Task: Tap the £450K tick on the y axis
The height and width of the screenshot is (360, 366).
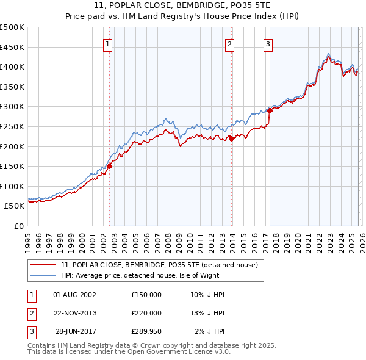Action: pyautogui.click(x=12, y=47)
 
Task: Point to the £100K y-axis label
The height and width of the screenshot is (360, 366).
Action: pyautogui.click(x=12, y=186)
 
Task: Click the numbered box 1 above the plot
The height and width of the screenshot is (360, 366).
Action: pyautogui.click(x=107, y=43)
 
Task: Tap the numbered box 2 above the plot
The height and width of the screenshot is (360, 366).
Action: pyautogui.click(x=230, y=43)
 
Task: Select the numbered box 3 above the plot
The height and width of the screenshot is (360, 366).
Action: pyautogui.click(x=268, y=43)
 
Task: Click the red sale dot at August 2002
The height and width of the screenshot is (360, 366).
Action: pyautogui.click(x=110, y=166)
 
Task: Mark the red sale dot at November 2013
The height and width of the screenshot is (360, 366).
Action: pyautogui.click(x=232, y=139)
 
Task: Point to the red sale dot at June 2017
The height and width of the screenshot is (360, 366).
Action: pyautogui.click(x=270, y=110)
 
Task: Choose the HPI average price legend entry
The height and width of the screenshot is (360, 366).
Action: pyautogui.click(x=152, y=275)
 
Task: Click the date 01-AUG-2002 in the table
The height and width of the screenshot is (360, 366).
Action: pyautogui.click(x=74, y=295)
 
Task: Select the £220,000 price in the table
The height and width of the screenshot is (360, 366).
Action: pyautogui.click(x=146, y=313)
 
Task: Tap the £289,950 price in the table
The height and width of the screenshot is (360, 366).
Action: pyautogui.click(x=146, y=331)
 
